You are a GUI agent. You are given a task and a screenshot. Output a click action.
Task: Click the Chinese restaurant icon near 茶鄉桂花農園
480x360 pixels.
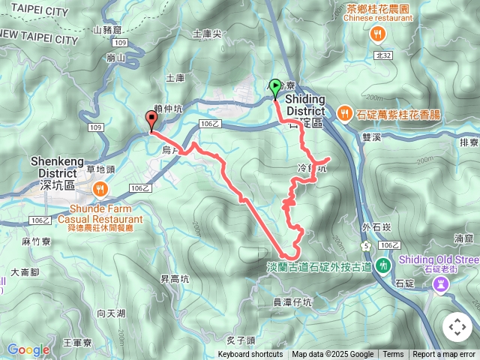pyautogui.click(x=378, y=33)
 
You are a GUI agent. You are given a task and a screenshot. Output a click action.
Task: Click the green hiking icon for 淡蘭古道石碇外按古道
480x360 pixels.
pyautogui.click(x=383, y=265)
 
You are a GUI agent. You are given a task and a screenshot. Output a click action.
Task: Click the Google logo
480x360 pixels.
pyautogui.click(x=28, y=349)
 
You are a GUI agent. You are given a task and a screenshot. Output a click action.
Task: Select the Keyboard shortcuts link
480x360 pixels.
pyautogui.click(x=250, y=355)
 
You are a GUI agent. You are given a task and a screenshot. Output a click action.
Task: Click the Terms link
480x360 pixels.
pyautogui.click(x=393, y=355)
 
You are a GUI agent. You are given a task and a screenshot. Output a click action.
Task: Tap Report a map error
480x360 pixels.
pyautogui.click(x=445, y=355)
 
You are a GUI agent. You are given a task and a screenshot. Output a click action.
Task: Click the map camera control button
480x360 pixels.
pyautogui.click(x=457, y=327)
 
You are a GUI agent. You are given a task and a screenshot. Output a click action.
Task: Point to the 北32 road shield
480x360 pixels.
pyautogui.click(x=383, y=55)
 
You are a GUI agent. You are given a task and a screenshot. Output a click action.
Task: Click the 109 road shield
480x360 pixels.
pyautogui.click(x=95, y=128)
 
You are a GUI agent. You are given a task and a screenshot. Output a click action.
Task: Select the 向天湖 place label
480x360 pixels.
pyautogui.click(x=111, y=312)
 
